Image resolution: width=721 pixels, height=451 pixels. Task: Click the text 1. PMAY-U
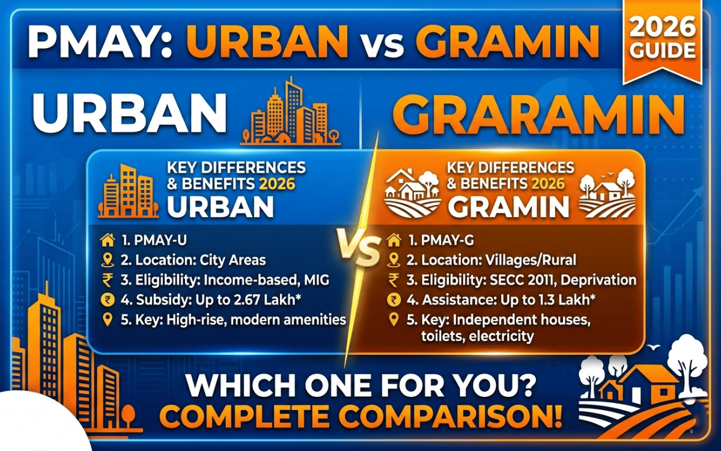[154, 241]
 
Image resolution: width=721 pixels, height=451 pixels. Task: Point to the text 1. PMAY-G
[441, 241]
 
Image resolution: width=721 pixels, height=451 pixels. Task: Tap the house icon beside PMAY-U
[108, 240]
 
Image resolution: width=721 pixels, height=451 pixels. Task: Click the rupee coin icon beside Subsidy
[108, 300]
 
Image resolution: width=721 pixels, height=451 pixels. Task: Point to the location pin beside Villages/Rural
[394, 260]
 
